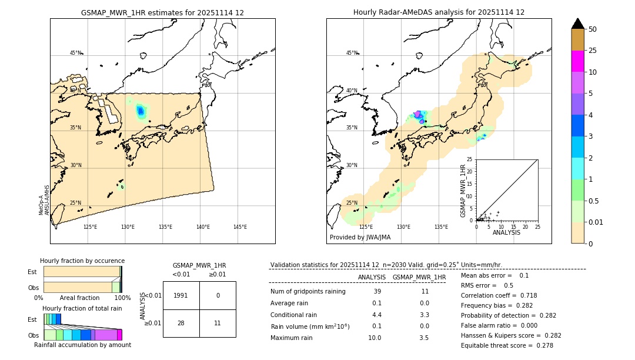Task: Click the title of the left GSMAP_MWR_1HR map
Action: coord(162,12)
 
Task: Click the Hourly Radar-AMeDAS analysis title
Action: coord(439,12)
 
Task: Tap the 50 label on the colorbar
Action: coord(593,29)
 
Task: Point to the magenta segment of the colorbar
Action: coord(577,61)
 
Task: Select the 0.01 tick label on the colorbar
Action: coord(596,222)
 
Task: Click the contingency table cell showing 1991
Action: coord(181,296)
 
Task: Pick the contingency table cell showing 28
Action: coord(181,323)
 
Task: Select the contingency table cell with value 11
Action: coord(218,323)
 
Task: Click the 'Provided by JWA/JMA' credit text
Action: coord(360,237)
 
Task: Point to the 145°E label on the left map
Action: coord(240,227)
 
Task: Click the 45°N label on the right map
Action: coord(352,53)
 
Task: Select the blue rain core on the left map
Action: coord(141,110)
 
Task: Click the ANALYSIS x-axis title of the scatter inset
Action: coord(506,232)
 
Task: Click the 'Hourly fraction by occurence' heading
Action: coord(82,261)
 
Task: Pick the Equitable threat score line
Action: coord(507,345)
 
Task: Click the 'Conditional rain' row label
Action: coord(295,315)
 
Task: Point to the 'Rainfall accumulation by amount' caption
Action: coord(82,345)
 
